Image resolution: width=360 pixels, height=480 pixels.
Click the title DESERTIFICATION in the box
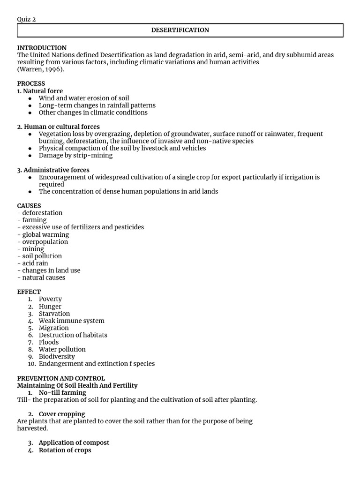(180, 30)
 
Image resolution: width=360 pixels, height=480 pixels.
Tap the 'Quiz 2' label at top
(26, 19)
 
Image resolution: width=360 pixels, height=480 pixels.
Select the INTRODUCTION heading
(42, 48)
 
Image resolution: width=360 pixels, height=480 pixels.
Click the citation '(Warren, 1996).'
(41, 69)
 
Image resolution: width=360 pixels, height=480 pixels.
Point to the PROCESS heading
(31, 83)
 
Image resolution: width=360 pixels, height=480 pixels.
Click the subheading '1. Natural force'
(40, 91)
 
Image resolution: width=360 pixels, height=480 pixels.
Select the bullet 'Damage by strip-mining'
(75, 155)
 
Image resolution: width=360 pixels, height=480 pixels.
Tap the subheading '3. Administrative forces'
(53, 170)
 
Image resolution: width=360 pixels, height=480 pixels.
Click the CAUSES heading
(29, 206)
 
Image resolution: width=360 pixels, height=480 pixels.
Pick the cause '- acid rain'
(33, 263)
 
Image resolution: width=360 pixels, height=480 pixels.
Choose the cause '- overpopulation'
(43, 242)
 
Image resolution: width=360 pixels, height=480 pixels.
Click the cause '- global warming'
(43, 234)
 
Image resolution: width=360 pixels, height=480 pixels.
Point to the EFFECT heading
(29, 292)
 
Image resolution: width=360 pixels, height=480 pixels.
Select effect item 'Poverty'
(50, 299)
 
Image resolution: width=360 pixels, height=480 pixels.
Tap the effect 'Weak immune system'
(71, 321)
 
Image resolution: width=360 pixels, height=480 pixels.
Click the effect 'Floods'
(49, 342)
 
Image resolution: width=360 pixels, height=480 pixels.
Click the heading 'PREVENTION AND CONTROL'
(61, 378)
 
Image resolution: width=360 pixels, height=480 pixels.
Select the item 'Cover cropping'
(62, 414)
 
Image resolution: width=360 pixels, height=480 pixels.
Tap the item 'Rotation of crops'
(65, 450)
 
